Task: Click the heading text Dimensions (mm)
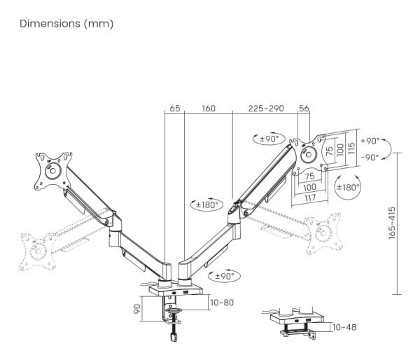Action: point(66,24)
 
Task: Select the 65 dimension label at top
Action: point(174,109)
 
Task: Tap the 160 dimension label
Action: point(209,109)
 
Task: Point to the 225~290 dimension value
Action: point(266,109)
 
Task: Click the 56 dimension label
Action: point(304,109)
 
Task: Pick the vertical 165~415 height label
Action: point(391,223)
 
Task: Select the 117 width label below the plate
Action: point(310,198)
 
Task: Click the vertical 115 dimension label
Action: point(351,148)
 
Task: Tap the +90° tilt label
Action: point(370,141)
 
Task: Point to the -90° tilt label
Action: point(370,158)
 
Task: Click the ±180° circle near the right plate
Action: point(348,187)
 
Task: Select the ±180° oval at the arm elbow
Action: point(206,205)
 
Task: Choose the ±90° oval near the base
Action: point(225,276)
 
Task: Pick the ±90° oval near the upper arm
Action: point(269,139)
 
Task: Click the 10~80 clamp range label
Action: point(222,303)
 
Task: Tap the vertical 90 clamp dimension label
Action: point(137,309)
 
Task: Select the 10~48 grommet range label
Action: point(344,327)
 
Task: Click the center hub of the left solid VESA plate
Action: point(52,171)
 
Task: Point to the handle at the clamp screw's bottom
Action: point(174,337)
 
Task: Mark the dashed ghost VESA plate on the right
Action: point(324,233)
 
